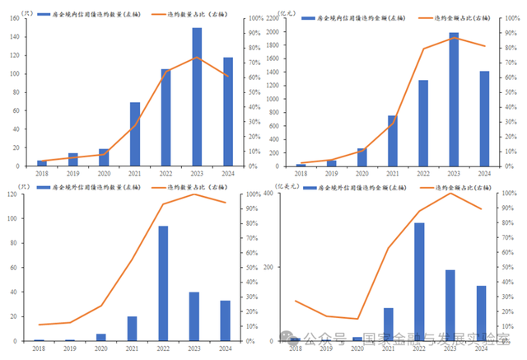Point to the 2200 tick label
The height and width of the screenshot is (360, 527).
282,18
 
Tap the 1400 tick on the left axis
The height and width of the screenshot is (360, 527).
282,72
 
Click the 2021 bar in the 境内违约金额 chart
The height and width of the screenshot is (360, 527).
393,141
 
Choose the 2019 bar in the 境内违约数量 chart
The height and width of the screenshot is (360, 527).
73,160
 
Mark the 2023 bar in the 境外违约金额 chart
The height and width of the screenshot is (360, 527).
450,305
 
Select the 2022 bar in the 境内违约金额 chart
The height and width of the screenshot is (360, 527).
423,123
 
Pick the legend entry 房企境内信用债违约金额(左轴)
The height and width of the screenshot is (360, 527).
354,16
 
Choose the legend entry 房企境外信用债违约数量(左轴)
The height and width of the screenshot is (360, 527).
91,189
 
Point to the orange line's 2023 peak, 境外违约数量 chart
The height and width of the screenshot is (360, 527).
195,194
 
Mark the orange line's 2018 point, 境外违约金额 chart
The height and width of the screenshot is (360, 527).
295,301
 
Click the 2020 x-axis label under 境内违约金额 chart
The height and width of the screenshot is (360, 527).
362,173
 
